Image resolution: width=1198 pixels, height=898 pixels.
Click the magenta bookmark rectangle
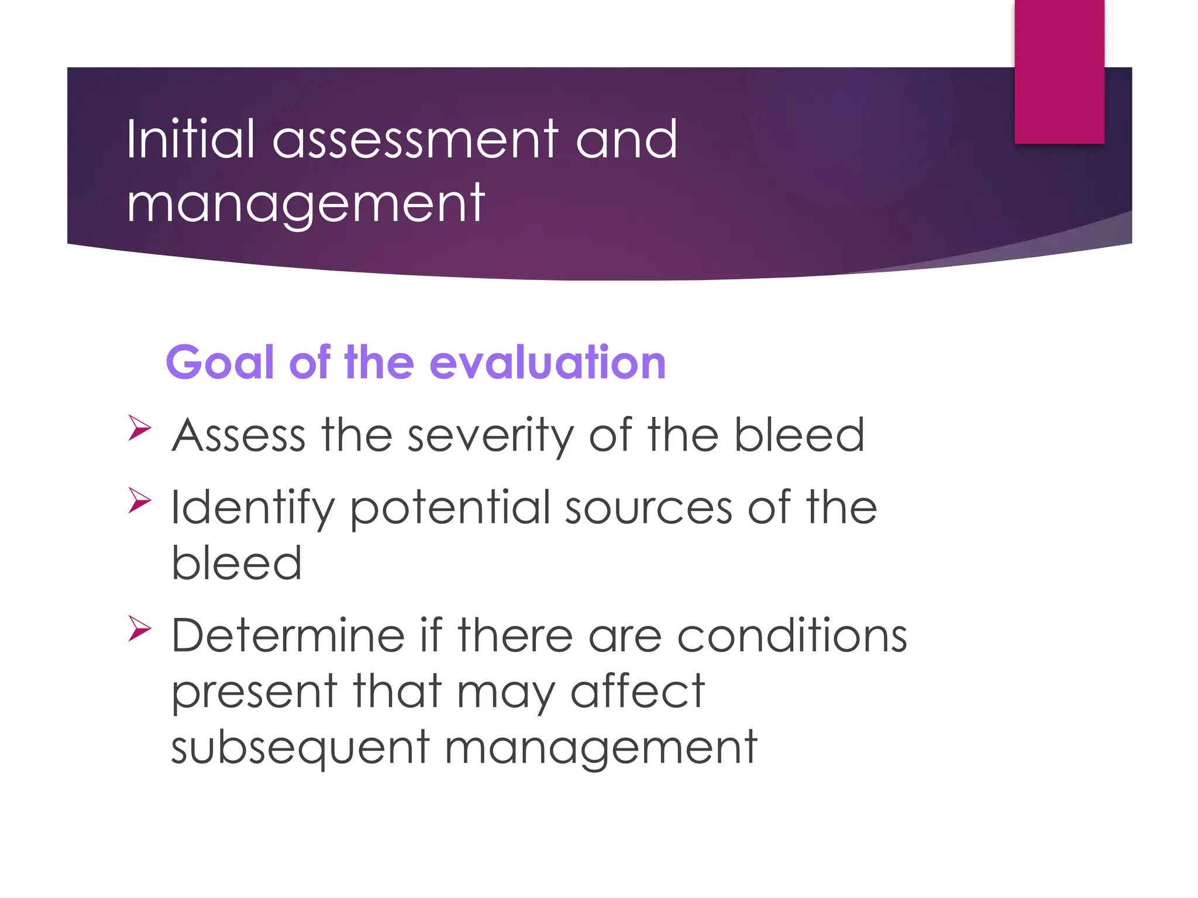pyautogui.click(x=1059, y=71)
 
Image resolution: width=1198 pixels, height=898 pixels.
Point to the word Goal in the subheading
pyautogui.click(x=220, y=362)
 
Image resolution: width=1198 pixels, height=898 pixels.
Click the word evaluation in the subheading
pyautogui.click(x=548, y=362)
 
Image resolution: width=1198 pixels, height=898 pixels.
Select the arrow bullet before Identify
pyautogui.click(x=140, y=500)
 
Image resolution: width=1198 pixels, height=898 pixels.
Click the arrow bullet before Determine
pyautogui.click(x=140, y=628)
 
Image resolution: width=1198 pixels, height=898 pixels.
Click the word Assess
pyautogui.click(x=239, y=436)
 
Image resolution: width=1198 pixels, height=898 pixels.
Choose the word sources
pyautogui.click(x=648, y=507)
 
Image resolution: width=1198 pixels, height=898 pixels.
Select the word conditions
pyautogui.click(x=791, y=635)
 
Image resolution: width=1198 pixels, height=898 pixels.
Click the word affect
pyautogui.click(x=637, y=692)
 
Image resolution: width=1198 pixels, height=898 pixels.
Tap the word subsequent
pyautogui.click(x=300, y=749)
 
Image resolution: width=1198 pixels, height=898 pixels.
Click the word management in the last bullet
pyautogui.click(x=601, y=749)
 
